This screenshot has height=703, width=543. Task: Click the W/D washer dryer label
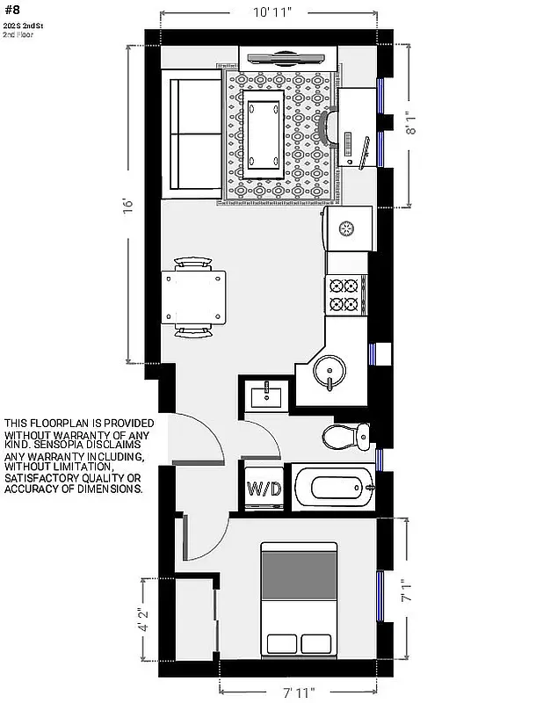click(264, 489)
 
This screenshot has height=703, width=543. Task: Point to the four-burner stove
click(344, 295)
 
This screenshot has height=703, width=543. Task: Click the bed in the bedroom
click(299, 599)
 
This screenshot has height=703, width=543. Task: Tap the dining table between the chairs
click(193, 296)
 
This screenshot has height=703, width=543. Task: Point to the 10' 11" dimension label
click(271, 13)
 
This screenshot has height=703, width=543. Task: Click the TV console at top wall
click(286, 59)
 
